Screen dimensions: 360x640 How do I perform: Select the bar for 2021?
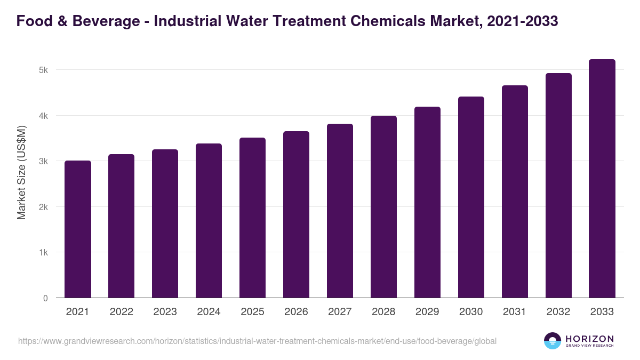78,229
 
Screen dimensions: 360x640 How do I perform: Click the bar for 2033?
602,179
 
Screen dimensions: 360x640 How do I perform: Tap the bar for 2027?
340,211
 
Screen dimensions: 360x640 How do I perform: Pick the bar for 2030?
471,197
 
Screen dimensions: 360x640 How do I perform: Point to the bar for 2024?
209,221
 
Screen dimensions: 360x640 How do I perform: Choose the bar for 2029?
427,202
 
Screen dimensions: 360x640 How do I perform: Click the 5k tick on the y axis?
43,70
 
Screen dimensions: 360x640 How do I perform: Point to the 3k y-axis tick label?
43,162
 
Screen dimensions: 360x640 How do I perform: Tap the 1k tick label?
43,253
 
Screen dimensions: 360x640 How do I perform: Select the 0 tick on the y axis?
45,299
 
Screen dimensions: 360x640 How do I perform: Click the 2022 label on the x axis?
122,312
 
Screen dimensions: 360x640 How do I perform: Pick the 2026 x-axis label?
296,312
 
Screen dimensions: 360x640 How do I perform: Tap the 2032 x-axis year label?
558,312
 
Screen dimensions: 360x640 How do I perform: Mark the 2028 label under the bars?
383,312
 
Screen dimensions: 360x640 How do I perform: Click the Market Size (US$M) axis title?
21,172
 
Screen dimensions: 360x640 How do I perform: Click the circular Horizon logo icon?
553,341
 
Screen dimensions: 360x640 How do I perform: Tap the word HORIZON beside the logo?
589,339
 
